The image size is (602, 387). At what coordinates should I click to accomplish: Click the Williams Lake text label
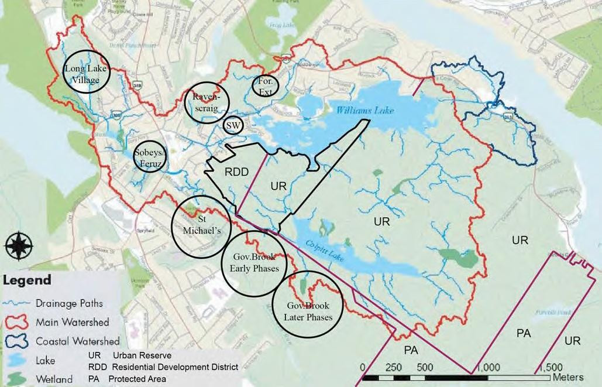[366, 110]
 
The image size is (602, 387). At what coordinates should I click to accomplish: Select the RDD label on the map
[237, 172]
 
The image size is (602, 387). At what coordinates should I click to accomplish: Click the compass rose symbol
[19, 245]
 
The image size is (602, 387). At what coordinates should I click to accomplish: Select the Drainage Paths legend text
[69, 303]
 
